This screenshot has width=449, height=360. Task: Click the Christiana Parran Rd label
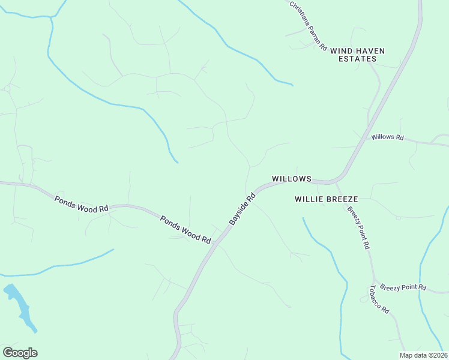point(307,26)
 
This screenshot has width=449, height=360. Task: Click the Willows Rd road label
point(387,137)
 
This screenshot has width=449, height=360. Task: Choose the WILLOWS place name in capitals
point(292,179)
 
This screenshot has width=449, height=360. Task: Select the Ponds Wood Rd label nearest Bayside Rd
point(185,229)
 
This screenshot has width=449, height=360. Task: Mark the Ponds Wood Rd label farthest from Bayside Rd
point(81,204)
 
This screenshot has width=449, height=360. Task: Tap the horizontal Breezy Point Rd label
point(403,287)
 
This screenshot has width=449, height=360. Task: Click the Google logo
point(20,353)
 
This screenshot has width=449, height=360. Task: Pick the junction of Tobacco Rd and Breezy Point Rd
point(375,282)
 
